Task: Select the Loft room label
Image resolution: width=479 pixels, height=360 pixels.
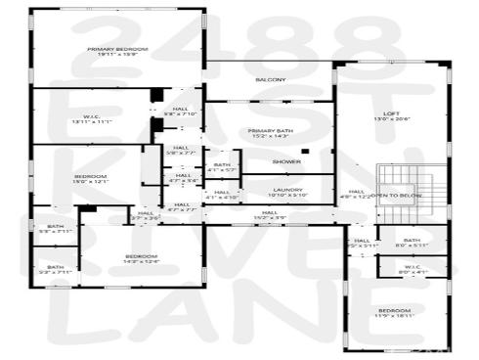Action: tap(391, 115)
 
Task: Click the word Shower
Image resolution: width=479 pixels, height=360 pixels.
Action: tap(285, 161)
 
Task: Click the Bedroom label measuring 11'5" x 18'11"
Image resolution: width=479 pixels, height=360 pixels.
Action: tap(397, 313)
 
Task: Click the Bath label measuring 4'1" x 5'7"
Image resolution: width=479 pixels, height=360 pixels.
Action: tap(222, 167)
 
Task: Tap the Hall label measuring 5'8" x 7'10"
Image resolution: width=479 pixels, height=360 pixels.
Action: tap(181, 111)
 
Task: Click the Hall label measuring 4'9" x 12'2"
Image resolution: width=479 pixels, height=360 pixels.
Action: tap(357, 194)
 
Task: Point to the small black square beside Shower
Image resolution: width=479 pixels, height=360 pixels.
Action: tap(305, 151)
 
